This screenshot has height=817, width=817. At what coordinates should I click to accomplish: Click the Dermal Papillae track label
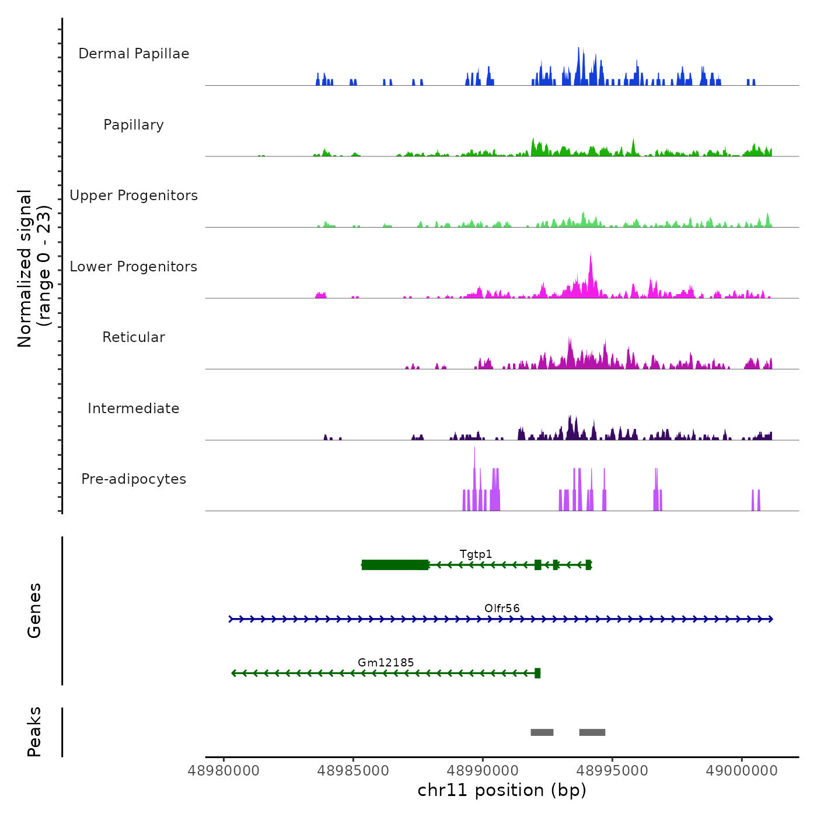(134, 54)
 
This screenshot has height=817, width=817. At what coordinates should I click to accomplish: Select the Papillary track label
(134, 125)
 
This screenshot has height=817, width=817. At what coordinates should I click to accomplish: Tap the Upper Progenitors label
(134, 195)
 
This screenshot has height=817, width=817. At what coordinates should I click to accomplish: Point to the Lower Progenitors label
(134, 267)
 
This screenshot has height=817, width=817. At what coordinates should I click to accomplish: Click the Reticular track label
(134, 337)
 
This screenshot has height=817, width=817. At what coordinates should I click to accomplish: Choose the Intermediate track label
(134, 408)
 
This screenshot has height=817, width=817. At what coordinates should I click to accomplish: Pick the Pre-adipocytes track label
(134, 479)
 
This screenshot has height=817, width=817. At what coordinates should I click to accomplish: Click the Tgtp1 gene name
(476, 554)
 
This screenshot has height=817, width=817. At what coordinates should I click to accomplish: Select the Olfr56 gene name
(502, 608)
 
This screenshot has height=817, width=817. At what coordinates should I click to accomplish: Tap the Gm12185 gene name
(386, 662)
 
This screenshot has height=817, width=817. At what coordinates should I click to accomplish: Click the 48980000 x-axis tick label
(224, 771)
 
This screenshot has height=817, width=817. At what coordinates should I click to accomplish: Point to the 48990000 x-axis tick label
(483, 771)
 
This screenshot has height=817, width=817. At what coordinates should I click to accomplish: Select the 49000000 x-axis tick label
(742, 771)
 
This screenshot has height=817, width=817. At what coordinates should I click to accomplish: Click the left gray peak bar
(542, 732)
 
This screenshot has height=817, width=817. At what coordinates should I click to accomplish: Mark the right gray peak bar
(592, 732)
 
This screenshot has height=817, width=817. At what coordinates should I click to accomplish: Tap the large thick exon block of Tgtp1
(395, 564)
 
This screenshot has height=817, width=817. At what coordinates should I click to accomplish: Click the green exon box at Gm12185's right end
(537, 673)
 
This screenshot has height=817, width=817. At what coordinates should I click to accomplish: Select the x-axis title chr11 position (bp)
(502, 790)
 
